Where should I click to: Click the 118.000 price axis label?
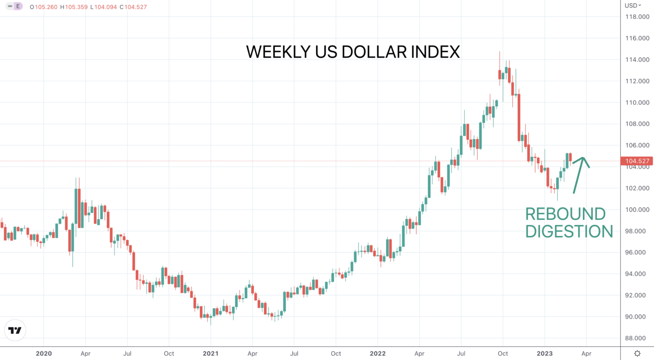(x=637, y=17)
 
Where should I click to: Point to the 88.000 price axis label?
(x=637, y=338)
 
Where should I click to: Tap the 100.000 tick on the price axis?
(x=637, y=210)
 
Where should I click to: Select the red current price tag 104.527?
(x=637, y=161)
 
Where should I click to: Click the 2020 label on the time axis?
(x=44, y=353)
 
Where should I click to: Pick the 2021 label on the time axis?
(x=210, y=353)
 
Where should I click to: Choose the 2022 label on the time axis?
(x=378, y=353)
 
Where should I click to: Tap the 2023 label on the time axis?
(x=545, y=353)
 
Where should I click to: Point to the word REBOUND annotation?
(x=565, y=214)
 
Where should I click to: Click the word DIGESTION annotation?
(x=569, y=231)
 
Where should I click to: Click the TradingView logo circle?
(x=15, y=330)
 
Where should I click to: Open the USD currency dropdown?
(x=633, y=6)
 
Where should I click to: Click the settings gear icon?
(x=637, y=354)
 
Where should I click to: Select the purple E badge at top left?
(x=18, y=6)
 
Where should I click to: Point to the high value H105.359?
(x=74, y=7)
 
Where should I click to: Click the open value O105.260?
(x=43, y=7)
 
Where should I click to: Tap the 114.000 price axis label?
(x=637, y=60)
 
